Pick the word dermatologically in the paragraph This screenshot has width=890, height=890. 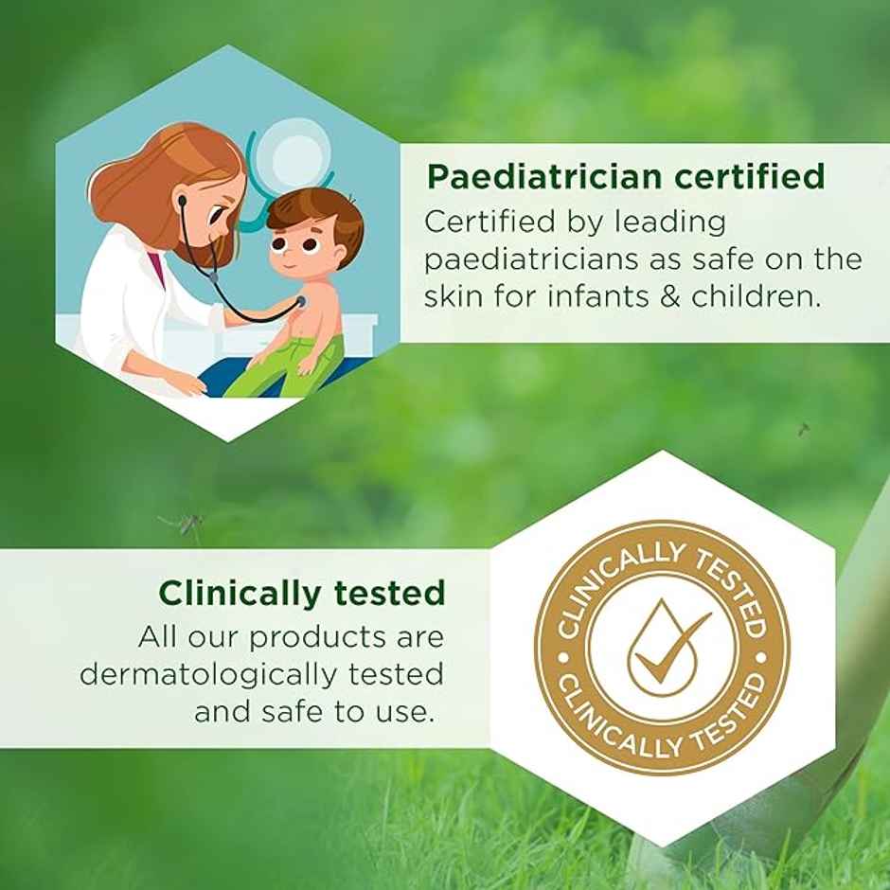pyautogui.click(x=206, y=674)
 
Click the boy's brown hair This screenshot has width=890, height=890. pyautogui.click(x=313, y=214)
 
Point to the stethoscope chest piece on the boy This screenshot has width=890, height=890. pyautogui.click(x=299, y=302)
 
